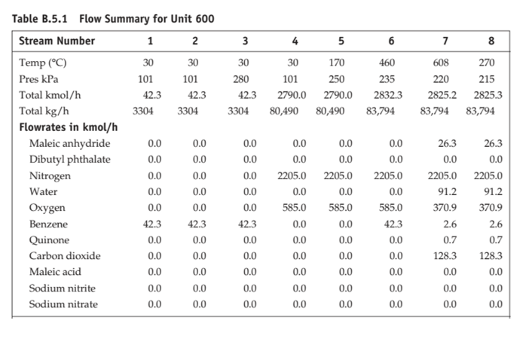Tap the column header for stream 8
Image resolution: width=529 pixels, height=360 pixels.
point(492,41)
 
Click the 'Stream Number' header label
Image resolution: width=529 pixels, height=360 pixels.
point(57,41)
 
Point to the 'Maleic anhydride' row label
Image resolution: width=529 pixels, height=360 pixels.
point(69,144)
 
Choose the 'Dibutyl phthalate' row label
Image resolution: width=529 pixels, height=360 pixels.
point(69,160)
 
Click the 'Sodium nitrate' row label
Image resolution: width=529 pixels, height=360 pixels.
point(63,304)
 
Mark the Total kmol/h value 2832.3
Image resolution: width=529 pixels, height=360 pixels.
point(389,95)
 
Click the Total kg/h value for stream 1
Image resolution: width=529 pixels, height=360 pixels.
point(143,111)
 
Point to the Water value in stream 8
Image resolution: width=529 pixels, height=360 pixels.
point(494,191)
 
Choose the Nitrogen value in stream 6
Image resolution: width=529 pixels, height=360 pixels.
point(389,175)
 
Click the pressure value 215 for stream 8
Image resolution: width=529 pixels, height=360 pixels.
point(495,78)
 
